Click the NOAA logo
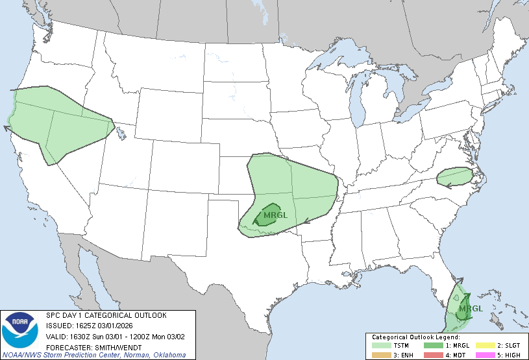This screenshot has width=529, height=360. (20, 330)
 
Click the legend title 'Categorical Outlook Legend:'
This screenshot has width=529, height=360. (415, 337)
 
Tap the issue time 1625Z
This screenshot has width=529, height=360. (84, 326)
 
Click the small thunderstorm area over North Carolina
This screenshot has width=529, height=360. (454, 176)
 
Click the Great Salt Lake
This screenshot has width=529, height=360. (121, 134)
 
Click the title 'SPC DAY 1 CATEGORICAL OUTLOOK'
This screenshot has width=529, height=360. (106, 315)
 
